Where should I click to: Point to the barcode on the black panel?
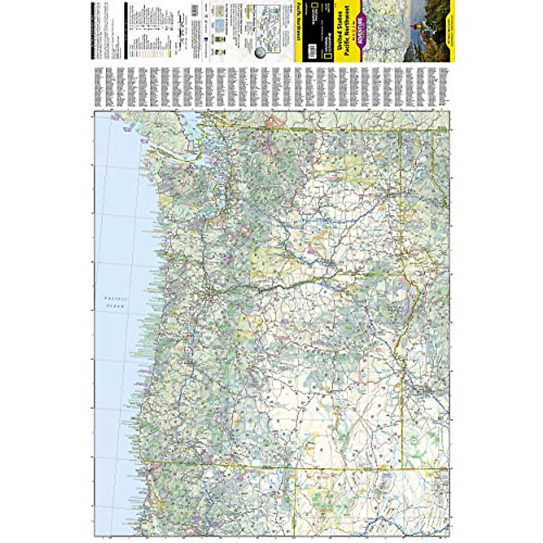point(311,48)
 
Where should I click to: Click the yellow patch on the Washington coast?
point(166,199)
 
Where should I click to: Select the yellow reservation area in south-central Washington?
point(271,262)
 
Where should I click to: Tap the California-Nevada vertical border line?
point(296,502)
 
